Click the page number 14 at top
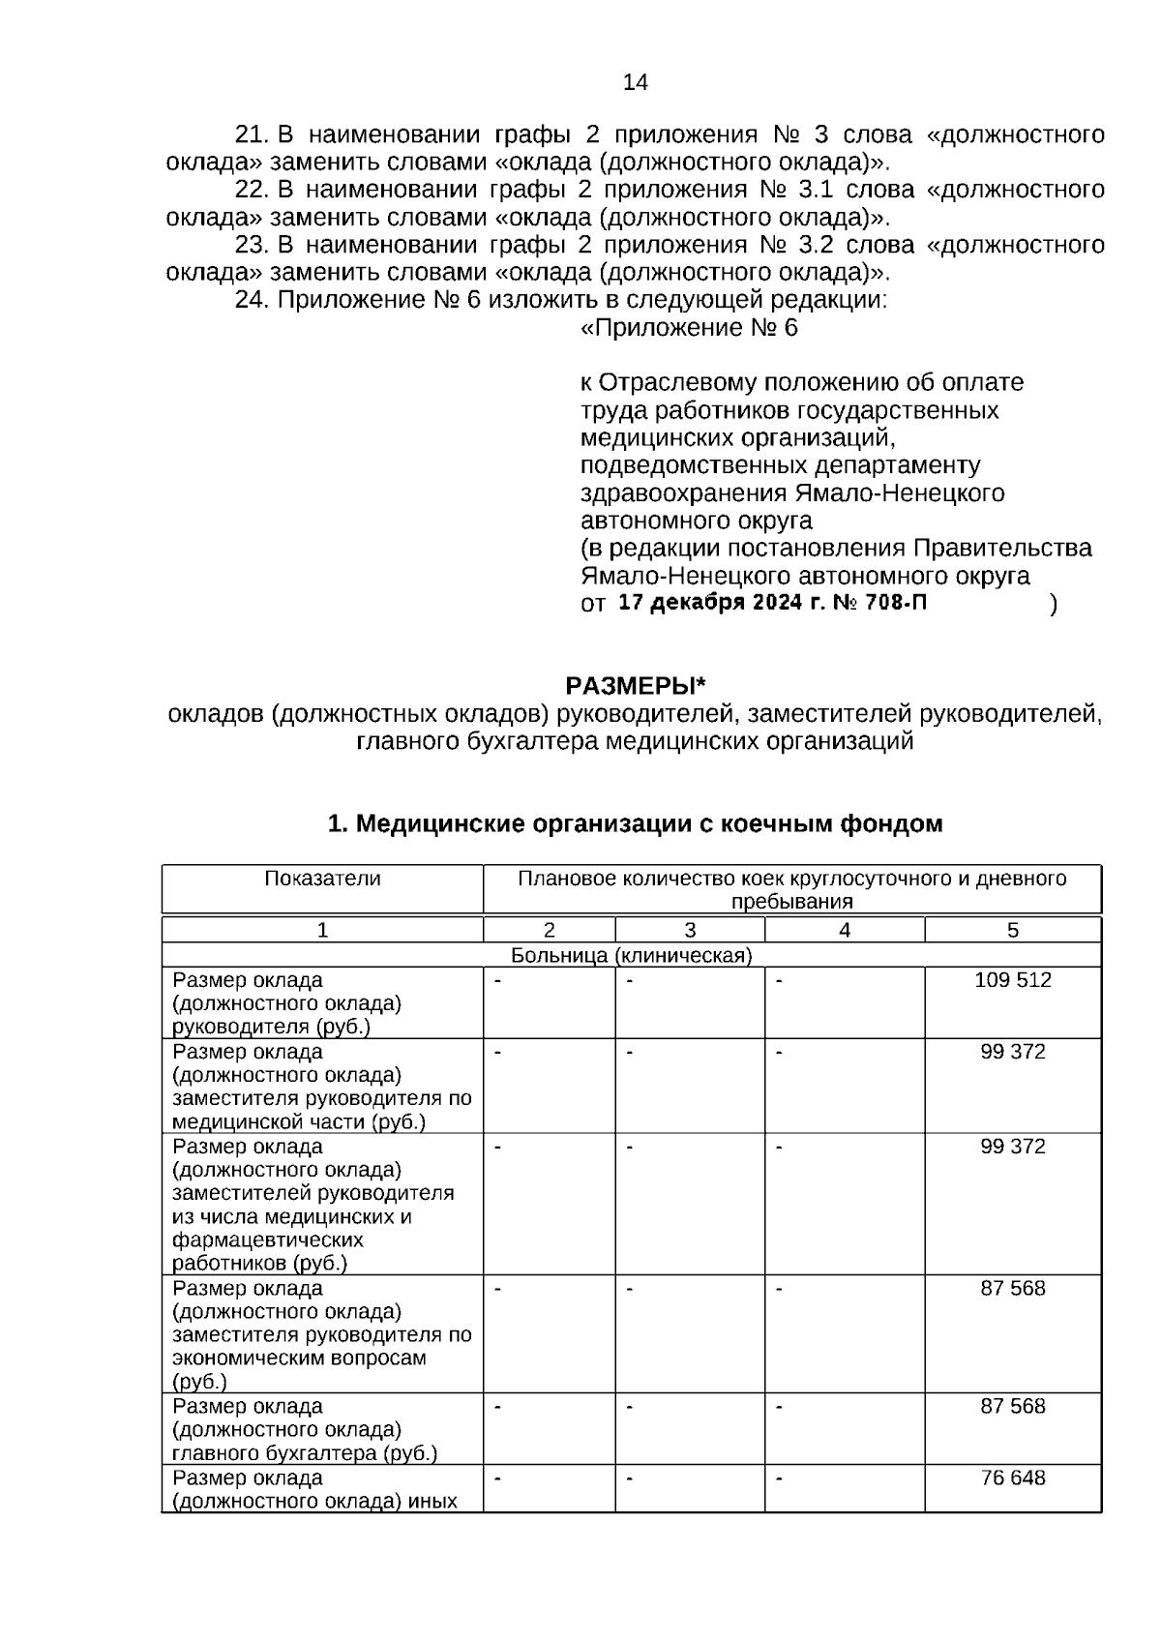click(636, 82)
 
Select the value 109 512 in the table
click(1012, 979)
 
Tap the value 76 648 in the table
click(1012, 1478)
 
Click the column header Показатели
click(322, 879)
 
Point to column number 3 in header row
click(690, 930)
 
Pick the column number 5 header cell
click(1012, 930)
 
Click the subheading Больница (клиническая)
click(631, 955)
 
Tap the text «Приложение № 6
click(689, 328)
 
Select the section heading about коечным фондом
click(636, 823)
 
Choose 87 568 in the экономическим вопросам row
click(1012, 1288)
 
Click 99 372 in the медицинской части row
click(1012, 1051)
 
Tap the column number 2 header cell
click(549, 930)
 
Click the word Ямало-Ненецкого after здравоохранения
click(900, 493)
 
